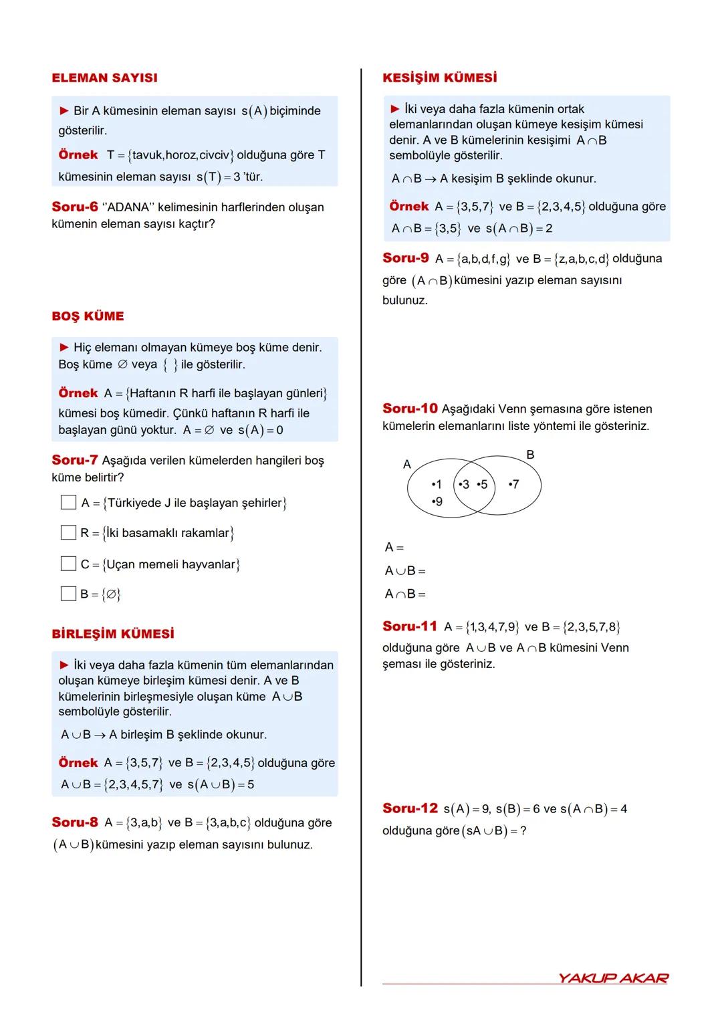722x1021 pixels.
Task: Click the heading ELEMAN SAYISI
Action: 104,78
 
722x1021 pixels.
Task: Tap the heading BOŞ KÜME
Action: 88,316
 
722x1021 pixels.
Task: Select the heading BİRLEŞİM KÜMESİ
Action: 112,634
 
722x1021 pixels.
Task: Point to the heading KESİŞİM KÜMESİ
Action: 439,78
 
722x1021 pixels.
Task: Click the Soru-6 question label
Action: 75,207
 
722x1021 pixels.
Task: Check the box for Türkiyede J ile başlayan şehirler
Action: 68,502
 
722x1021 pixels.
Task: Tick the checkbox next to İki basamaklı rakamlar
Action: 68,533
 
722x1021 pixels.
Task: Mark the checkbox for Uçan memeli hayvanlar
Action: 68,564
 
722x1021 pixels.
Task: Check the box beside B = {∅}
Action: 68,594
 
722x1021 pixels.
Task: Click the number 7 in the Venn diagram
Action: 514,484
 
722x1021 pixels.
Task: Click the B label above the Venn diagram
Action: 530,455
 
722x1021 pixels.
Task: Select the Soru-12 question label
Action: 410,808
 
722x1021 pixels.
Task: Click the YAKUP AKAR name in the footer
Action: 613,978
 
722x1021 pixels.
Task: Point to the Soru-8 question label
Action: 75,822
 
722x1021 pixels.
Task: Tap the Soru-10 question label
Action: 410,409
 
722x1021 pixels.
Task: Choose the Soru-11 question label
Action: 409,627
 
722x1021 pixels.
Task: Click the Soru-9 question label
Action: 406,258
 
